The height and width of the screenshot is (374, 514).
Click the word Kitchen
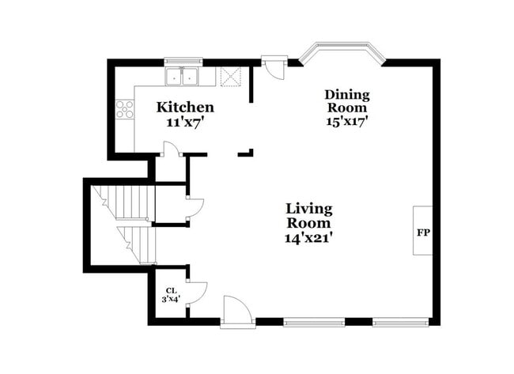pos(185,108)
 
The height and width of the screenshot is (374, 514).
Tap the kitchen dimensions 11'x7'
pos(185,123)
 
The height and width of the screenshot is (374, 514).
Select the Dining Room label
pos(347,100)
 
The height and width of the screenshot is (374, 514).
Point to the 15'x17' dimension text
pos(347,121)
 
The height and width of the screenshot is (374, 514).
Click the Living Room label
pos(309,215)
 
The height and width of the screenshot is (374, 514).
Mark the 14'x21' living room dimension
pos(309,238)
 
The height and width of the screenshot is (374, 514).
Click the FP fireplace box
pos(422,230)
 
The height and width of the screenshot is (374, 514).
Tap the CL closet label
pos(171,290)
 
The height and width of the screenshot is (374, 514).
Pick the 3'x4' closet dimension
pos(171,299)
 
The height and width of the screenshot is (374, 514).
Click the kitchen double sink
pos(181,77)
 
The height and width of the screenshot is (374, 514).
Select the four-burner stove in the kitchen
pos(125,109)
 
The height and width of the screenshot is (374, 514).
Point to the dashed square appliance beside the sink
pos(231,77)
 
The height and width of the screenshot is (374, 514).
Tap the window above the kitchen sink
pos(183,61)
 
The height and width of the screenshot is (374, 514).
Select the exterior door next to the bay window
pos(274,67)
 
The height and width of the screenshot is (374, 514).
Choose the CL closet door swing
pos(196,293)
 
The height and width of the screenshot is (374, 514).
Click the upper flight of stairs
pos(123,202)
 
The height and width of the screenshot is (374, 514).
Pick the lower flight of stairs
pos(137,245)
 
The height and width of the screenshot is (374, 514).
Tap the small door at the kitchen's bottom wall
pos(171,149)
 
